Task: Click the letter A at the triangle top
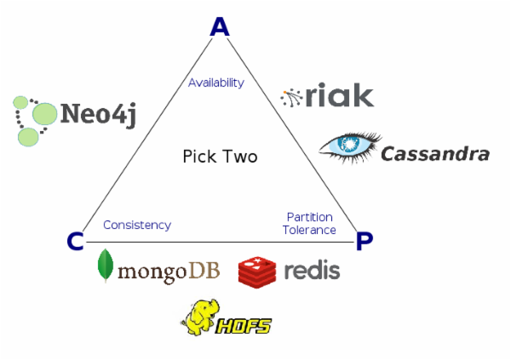pyautogui.click(x=220, y=27)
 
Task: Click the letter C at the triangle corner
pyautogui.click(x=75, y=243)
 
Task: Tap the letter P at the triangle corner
pyautogui.click(x=365, y=243)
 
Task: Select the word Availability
pyautogui.click(x=216, y=83)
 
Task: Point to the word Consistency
pyautogui.click(x=137, y=225)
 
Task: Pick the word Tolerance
pyautogui.click(x=310, y=230)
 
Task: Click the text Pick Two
pyautogui.click(x=220, y=157)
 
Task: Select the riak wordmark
pyautogui.click(x=339, y=95)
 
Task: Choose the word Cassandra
pyautogui.click(x=434, y=154)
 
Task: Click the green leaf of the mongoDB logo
pyautogui.click(x=106, y=266)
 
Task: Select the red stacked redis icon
pyautogui.click(x=257, y=271)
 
